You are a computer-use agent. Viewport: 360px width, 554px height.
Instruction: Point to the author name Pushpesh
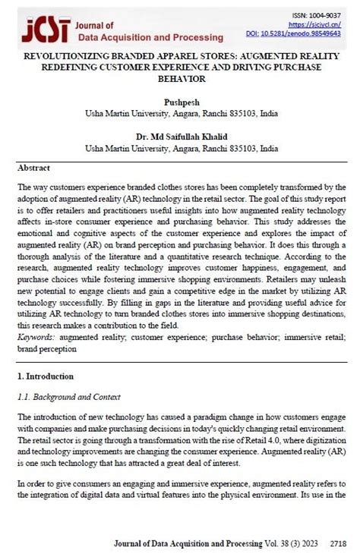(x=179, y=101)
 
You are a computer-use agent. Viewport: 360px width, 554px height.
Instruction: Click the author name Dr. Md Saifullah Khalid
(x=179, y=137)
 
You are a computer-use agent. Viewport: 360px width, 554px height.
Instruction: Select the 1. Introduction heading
(x=45, y=376)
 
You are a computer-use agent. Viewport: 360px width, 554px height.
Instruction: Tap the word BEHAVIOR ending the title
(x=179, y=78)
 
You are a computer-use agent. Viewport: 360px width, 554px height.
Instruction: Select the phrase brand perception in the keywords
(x=46, y=349)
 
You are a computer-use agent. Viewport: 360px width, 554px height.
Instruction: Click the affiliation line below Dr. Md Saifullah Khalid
(x=179, y=149)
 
